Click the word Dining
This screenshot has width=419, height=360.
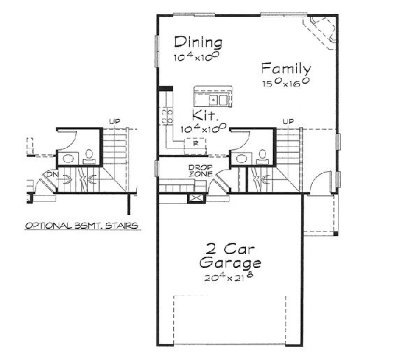198,42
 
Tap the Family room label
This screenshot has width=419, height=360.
286,68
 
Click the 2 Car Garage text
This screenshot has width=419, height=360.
230,256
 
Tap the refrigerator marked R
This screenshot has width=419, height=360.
195,142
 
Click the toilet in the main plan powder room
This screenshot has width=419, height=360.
263,155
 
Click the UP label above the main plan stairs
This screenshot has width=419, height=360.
288,122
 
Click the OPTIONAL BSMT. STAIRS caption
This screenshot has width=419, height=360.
81,225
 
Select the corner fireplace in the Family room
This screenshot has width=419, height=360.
320,32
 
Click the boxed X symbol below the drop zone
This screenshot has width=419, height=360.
195,198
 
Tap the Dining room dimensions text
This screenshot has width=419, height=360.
198,56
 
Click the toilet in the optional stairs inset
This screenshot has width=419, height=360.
89,155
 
